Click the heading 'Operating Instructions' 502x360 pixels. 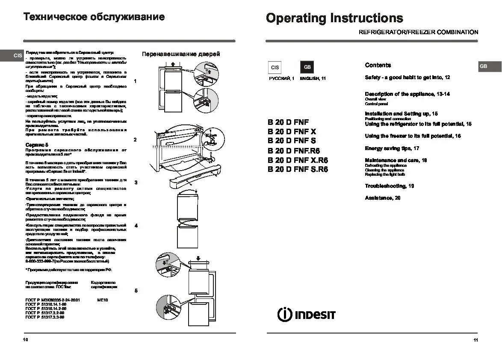[x=334, y=18]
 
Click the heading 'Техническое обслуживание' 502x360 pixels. [x=94, y=17]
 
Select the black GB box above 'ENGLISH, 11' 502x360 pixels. [x=307, y=68]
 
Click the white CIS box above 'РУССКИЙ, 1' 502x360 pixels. [x=275, y=68]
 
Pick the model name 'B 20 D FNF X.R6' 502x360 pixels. [x=298, y=160]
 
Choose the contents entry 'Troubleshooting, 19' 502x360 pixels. [x=389, y=186]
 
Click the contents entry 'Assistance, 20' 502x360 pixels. [x=383, y=198]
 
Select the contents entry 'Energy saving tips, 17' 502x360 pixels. [x=392, y=148]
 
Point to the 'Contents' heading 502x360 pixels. [x=378, y=65]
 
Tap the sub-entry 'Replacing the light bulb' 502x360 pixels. [x=384, y=174]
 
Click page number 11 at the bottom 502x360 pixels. [x=475, y=340]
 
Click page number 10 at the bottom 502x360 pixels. [x=26, y=340]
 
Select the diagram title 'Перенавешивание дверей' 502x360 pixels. [x=181, y=54]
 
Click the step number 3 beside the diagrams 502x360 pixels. [x=136, y=183]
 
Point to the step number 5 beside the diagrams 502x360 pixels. [x=136, y=291]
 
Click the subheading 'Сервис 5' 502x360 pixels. [x=37, y=145]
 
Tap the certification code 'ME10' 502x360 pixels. [x=103, y=300]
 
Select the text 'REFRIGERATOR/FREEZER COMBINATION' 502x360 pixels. [x=418, y=32]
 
